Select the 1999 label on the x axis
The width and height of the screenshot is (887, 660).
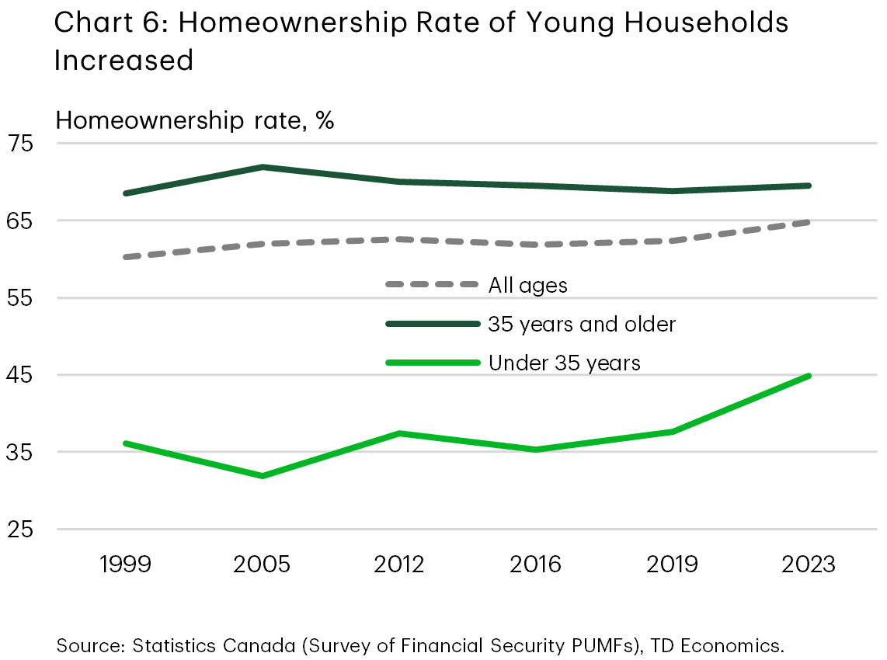click(125, 563)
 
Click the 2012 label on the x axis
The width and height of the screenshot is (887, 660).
click(398, 563)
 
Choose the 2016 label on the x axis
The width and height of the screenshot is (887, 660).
click(536, 563)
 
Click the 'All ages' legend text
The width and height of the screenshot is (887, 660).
click(527, 285)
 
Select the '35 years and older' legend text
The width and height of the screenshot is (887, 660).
click(582, 324)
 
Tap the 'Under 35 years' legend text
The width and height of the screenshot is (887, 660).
click(564, 363)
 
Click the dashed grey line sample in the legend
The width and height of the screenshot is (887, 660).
click(432, 285)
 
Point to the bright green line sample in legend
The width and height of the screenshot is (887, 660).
click(432, 363)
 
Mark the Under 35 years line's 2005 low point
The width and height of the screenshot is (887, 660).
click(263, 476)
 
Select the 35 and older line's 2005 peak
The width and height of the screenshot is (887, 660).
click(263, 167)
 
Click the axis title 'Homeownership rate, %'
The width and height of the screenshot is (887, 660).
click(194, 121)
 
